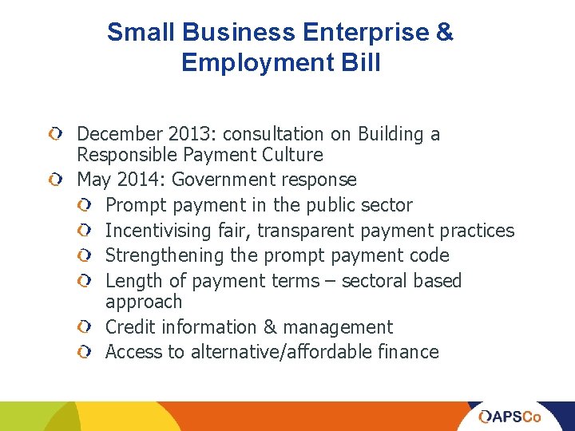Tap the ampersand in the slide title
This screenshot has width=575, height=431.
[445, 33]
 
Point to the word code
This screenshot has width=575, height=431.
[430, 255]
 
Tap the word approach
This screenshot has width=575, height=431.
[144, 302]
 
